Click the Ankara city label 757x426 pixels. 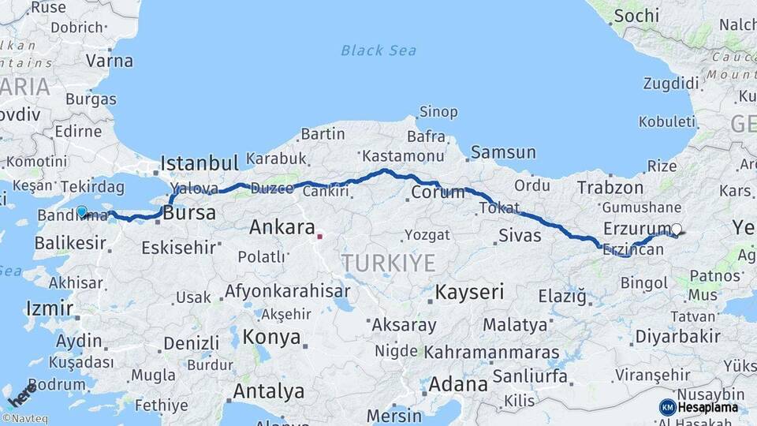tap(282, 228)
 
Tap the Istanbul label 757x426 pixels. tap(199, 163)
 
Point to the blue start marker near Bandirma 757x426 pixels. tap(81, 211)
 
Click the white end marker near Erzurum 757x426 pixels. tap(676, 230)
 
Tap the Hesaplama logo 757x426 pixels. tap(699, 407)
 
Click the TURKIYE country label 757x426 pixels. tap(387, 263)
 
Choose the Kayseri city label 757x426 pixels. tap(469, 292)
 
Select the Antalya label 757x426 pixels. tap(268, 390)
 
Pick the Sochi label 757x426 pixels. tap(636, 15)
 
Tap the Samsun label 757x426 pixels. tap(503, 152)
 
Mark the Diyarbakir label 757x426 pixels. tap(677, 336)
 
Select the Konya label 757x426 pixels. tap(272, 337)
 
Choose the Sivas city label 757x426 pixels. tap(520, 235)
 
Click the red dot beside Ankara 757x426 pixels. tap(319, 235)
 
